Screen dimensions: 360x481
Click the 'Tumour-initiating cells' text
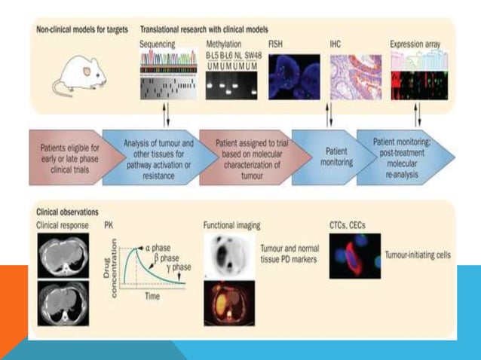click(x=418, y=255)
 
